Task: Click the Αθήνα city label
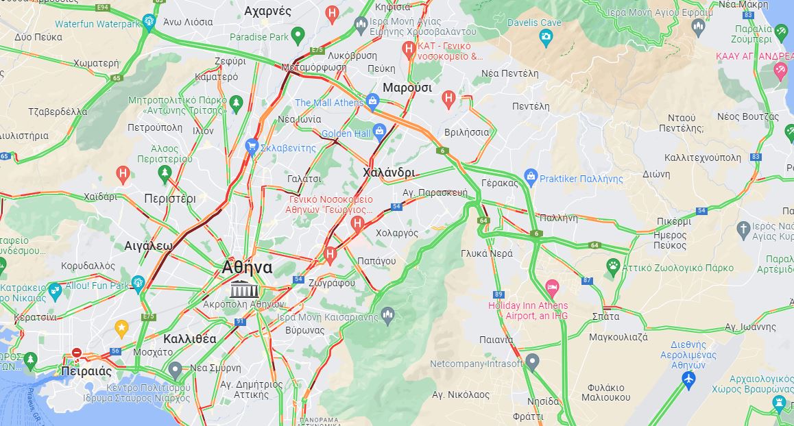point(247,267)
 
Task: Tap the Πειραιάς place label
point(86,371)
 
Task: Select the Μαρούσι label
point(407,88)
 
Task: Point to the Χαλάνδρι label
point(389,172)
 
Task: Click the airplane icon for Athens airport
point(688,379)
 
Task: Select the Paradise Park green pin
point(298,35)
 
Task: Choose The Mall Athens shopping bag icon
point(372,102)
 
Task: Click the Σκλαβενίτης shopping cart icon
point(252,147)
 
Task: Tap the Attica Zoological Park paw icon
point(613,265)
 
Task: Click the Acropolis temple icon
point(240,289)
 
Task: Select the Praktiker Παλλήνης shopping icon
point(530,177)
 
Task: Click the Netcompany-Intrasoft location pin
point(532,361)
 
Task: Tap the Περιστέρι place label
point(170,199)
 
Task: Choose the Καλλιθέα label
point(190,338)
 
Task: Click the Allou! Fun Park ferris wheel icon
point(138,283)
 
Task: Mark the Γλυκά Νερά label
point(487,253)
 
